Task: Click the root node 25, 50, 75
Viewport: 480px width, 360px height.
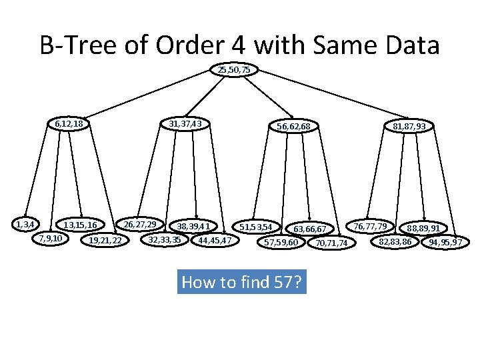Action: click(x=234, y=69)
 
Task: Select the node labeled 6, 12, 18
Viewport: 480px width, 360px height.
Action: click(x=69, y=123)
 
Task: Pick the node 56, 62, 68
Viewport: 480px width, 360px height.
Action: click(x=293, y=127)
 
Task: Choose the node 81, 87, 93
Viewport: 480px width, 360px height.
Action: click(x=409, y=126)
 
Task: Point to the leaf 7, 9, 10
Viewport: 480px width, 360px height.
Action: click(x=51, y=238)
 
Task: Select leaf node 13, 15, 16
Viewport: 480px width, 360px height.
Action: click(x=81, y=225)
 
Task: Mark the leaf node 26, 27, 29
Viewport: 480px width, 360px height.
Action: click(x=141, y=224)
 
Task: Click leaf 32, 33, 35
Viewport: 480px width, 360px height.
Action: click(x=165, y=239)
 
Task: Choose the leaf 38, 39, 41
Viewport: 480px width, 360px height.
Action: click(x=193, y=226)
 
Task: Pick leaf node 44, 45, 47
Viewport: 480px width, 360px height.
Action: click(x=215, y=240)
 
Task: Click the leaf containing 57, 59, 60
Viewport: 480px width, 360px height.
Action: click(x=281, y=242)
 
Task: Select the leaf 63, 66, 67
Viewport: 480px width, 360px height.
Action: click(x=310, y=229)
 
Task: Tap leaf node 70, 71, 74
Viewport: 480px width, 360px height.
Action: click(x=331, y=243)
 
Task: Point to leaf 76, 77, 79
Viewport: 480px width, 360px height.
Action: click(x=371, y=226)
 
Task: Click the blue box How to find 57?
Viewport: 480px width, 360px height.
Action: click(x=242, y=282)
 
